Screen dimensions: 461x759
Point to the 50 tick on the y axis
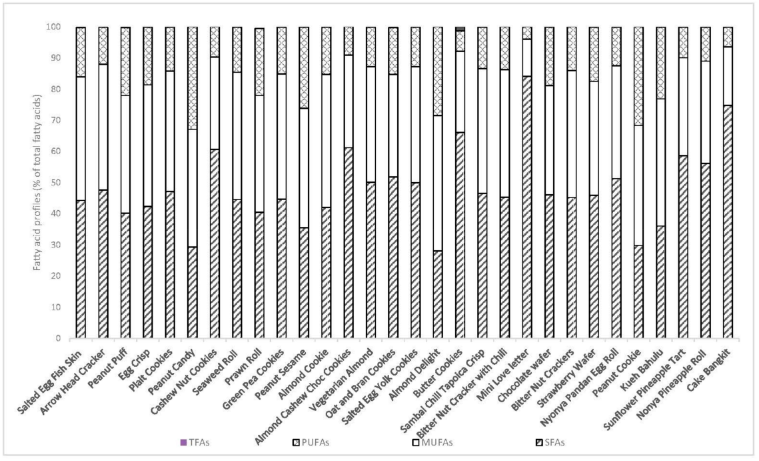point(56,182)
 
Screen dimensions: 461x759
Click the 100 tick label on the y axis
point(53,27)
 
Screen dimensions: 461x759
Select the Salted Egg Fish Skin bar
point(81,200)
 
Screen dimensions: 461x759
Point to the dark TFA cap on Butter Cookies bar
point(459,29)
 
